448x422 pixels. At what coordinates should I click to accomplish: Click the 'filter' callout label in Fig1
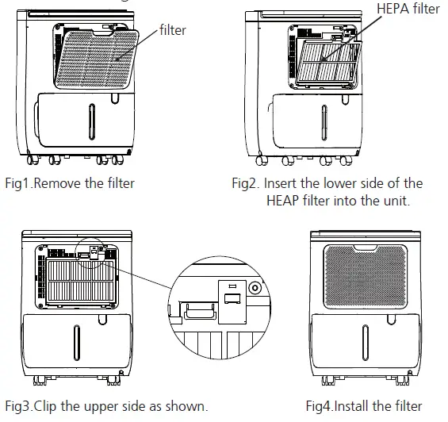pos(172,30)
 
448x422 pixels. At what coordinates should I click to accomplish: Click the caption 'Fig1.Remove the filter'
pos(69,183)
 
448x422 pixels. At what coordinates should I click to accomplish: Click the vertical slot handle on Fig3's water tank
pos(77,342)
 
